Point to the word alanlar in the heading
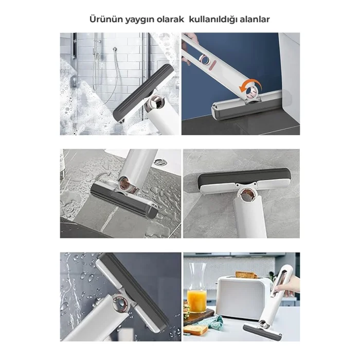255,20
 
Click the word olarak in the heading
170,20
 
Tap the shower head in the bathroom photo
115,49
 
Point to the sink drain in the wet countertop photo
160,163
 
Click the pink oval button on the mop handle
212,64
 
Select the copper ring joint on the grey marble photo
248,195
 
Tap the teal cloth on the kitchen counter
214,321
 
